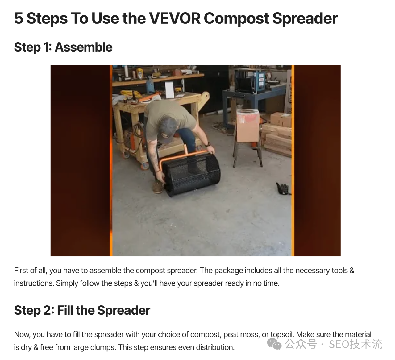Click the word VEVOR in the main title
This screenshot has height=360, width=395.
[174, 19]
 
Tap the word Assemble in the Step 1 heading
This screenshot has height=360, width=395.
[84, 47]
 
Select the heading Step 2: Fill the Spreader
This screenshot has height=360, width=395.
[82, 310]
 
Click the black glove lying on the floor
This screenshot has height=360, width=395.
[283, 188]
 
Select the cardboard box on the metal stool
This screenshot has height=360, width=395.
[248, 125]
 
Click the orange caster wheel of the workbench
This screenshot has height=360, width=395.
[145, 166]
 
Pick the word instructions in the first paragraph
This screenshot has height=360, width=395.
[34, 283]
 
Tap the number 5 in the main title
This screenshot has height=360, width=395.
[19, 19]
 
